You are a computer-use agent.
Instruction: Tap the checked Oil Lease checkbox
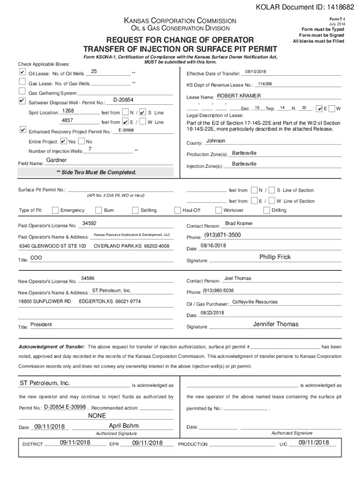tap(22, 73)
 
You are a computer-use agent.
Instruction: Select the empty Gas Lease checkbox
tap(22, 82)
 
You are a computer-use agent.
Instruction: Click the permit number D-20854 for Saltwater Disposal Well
tap(123, 100)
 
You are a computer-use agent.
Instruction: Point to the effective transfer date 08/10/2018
tap(256, 72)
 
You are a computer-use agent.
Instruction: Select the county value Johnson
tap(216, 141)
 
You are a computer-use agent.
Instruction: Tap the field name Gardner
tap(57, 160)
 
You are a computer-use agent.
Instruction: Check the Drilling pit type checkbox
tap(266, 210)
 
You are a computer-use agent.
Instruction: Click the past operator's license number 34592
tap(89, 224)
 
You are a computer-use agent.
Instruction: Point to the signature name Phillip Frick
tap(275, 257)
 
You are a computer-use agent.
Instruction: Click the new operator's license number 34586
tap(88, 278)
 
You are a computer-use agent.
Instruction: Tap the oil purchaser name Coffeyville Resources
tap(255, 302)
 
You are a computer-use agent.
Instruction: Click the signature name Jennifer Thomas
tap(275, 324)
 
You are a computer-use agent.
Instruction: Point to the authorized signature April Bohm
tap(123, 426)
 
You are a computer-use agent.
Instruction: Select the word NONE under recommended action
tap(97, 415)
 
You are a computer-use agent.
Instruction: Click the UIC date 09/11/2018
tap(313, 443)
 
